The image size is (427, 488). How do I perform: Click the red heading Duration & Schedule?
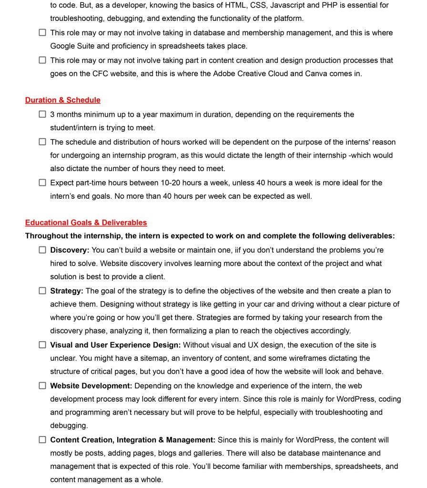(x=62, y=100)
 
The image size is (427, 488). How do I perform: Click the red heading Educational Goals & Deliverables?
(x=86, y=223)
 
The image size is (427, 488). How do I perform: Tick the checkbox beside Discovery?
(x=42, y=250)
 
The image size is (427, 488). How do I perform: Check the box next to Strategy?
(x=42, y=291)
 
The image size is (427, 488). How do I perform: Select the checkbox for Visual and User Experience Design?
(x=42, y=345)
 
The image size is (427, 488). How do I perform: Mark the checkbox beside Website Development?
(x=42, y=386)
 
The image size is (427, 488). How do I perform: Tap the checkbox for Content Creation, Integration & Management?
(x=42, y=440)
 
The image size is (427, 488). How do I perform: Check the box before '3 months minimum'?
(x=42, y=114)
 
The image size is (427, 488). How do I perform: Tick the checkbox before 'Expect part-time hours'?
(x=42, y=183)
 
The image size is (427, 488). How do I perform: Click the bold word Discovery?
(x=70, y=250)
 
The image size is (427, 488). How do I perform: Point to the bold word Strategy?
(x=67, y=291)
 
